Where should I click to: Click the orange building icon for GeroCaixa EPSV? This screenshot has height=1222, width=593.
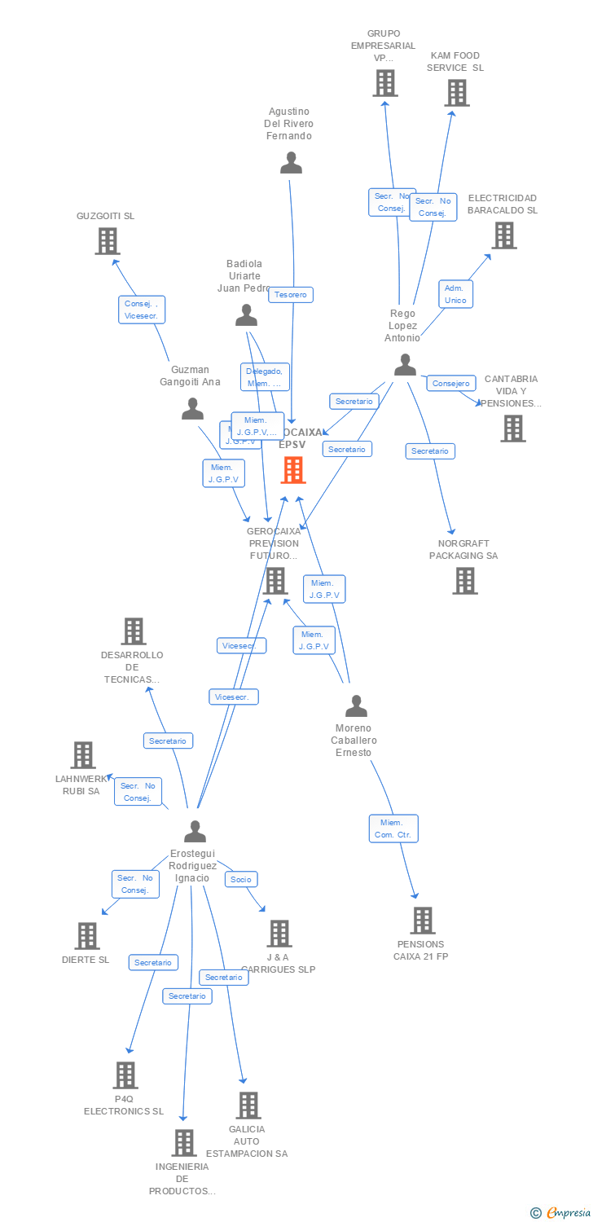coord(292,470)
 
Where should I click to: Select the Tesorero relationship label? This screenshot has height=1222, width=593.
coord(291,295)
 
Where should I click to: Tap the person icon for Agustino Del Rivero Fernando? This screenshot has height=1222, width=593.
coord(291,163)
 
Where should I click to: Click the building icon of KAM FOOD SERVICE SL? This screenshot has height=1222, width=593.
coord(457,93)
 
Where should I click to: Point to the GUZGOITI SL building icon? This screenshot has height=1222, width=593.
coord(108,241)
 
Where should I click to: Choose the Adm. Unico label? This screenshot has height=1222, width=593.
coord(455,294)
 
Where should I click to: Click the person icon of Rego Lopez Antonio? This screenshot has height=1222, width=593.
coord(405,364)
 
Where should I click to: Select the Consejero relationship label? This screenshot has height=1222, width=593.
coord(451,384)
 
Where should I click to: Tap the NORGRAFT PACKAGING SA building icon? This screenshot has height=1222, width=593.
coord(465,581)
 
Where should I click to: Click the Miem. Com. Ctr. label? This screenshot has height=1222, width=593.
coord(393,829)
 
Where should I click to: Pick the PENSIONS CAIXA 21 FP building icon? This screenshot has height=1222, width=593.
coord(422,921)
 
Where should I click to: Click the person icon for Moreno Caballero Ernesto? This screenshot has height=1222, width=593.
coord(356,706)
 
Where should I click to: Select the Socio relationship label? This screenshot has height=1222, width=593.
coord(240,879)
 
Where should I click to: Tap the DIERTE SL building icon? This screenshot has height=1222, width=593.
coord(87,936)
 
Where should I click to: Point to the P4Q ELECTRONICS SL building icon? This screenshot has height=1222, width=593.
coord(125,1075)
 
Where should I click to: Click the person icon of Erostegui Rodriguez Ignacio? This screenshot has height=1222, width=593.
coord(195,831)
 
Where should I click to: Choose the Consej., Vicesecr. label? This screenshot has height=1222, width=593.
coord(142,310)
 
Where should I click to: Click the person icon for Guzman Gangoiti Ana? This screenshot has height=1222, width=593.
coord(192,408)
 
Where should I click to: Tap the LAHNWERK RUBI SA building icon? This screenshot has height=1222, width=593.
coord(83,755)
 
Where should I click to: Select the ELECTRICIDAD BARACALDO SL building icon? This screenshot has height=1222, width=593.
coord(504,235)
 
